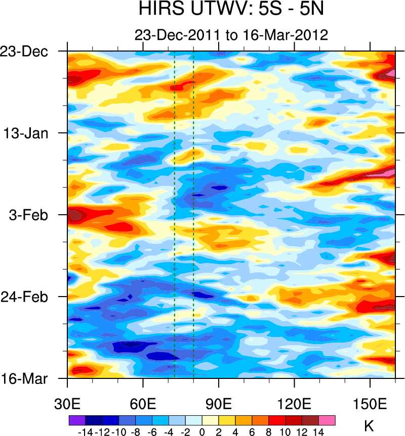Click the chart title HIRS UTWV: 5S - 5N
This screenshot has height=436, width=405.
[x=231, y=10]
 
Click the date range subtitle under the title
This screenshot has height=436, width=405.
[x=231, y=35]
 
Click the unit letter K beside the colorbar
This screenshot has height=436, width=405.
[x=369, y=427]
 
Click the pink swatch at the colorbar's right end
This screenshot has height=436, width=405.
[x=327, y=420]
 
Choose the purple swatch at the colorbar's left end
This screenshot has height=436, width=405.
[x=77, y=420]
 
